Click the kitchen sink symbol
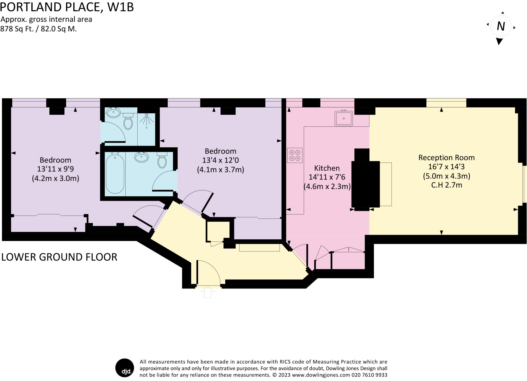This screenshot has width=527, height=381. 344,119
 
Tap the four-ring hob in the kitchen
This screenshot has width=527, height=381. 295,155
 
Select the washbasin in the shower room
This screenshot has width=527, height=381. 113,113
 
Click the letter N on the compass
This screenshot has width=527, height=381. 500,26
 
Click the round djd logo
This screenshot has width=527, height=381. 125,368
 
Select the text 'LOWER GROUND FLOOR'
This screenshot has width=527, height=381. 59,257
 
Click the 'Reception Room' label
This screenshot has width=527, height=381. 446,158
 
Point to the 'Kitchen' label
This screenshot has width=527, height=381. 327,168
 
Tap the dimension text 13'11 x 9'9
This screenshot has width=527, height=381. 55,169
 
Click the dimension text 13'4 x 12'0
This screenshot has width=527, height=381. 221,160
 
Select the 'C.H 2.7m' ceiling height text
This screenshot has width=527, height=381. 446,185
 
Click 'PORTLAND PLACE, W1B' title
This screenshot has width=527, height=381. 67,7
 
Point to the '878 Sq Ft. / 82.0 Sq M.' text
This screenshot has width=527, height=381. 39,29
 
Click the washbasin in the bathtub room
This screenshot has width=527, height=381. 142,157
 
